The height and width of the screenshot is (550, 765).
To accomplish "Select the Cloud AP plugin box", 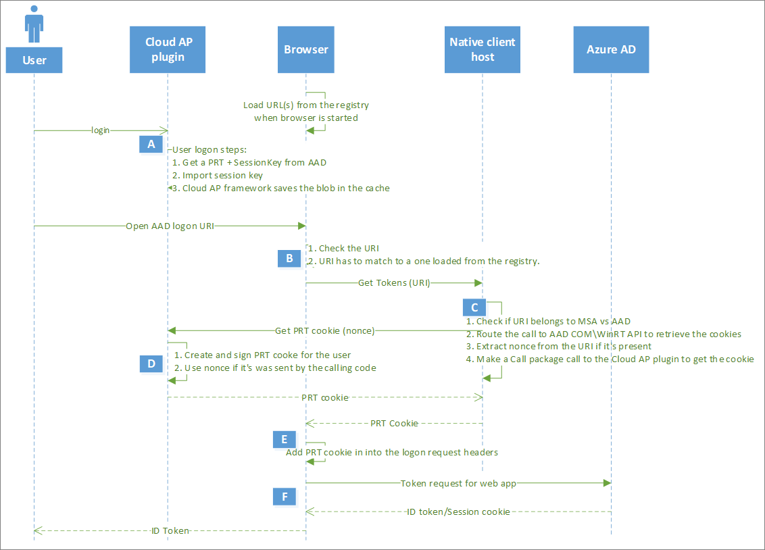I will coord(168,49).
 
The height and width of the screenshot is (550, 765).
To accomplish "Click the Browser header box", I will coord(305,49).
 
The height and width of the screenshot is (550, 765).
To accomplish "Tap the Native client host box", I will coord(483,49).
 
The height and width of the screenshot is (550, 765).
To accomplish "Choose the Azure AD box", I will coord(611,49).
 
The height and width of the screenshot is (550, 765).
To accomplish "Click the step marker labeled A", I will coord(151,144).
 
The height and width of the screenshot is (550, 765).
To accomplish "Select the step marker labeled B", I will coord(289,257).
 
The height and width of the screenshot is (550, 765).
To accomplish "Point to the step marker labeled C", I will coord(474,307).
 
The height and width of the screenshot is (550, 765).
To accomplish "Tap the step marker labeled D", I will coord(151,363).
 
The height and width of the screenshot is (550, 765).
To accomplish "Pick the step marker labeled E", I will coord(285,439).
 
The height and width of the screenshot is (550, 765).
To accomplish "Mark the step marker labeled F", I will coord(285,497).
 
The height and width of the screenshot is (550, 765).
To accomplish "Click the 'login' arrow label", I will coord(101,130).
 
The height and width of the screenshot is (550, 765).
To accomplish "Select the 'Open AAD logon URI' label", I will coord(170,226).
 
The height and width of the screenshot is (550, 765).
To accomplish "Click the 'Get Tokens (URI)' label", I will coord(394,283).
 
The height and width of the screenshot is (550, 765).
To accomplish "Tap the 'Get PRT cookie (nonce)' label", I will coord(324,330).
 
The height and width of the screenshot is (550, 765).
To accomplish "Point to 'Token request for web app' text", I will coord(458,483).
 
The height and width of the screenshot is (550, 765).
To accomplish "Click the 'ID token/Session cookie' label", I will coord(458,511).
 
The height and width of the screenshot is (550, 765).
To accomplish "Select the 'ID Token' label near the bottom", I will coord(170,531).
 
